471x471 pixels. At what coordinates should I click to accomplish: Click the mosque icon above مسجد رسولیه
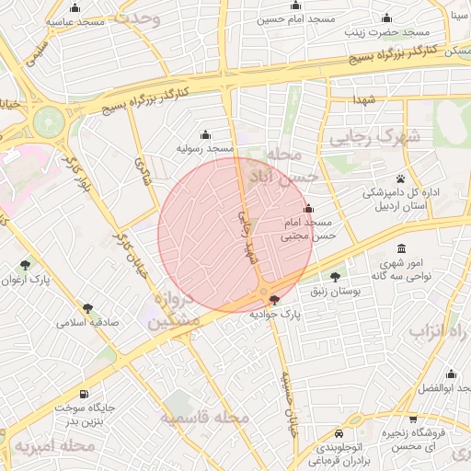(205, 134)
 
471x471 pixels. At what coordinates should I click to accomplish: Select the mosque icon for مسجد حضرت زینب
(386, 17)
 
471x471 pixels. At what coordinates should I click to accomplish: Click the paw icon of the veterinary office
(401, 178)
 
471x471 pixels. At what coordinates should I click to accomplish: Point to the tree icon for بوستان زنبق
(334, 276)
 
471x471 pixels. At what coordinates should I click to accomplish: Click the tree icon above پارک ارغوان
(25, 265)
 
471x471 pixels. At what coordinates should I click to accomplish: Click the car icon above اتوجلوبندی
(339, 432)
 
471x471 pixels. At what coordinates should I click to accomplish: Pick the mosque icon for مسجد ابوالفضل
(451, 374)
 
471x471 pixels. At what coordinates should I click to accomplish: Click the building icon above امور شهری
(402, 249)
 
